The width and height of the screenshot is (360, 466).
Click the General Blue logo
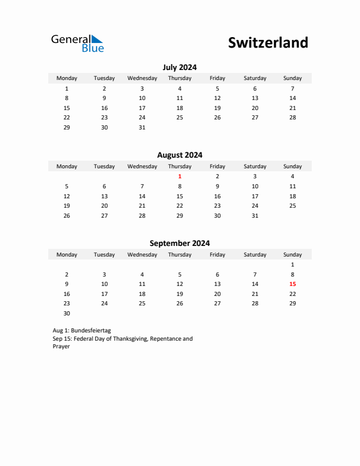point(77,43)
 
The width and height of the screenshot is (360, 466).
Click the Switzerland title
point(268,43)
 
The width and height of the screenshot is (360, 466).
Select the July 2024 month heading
point(179,67)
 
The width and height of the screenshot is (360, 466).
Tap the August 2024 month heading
point(179,155)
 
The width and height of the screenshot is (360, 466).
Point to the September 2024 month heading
point(179,243)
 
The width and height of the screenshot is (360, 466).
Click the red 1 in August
point(179,177)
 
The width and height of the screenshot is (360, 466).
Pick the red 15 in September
point(292,284)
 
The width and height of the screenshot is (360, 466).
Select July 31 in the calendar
point(142,128)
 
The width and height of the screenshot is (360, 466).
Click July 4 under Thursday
point(179,89)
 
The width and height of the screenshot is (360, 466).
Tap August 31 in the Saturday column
point(255,216)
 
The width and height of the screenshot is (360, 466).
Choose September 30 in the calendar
point(66,314)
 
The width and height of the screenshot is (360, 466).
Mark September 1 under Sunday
point(292,265)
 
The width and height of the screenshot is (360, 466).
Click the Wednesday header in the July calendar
point(142,78)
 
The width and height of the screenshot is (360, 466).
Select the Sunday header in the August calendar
point(292,167)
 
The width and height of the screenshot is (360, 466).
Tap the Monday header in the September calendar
point(66,255)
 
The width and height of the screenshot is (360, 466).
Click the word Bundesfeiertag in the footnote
point(90,331)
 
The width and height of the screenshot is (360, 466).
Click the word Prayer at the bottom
point(61,347)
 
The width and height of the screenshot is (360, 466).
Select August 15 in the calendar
point(179,197)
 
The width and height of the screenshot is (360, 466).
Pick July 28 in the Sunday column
point(292,118)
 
